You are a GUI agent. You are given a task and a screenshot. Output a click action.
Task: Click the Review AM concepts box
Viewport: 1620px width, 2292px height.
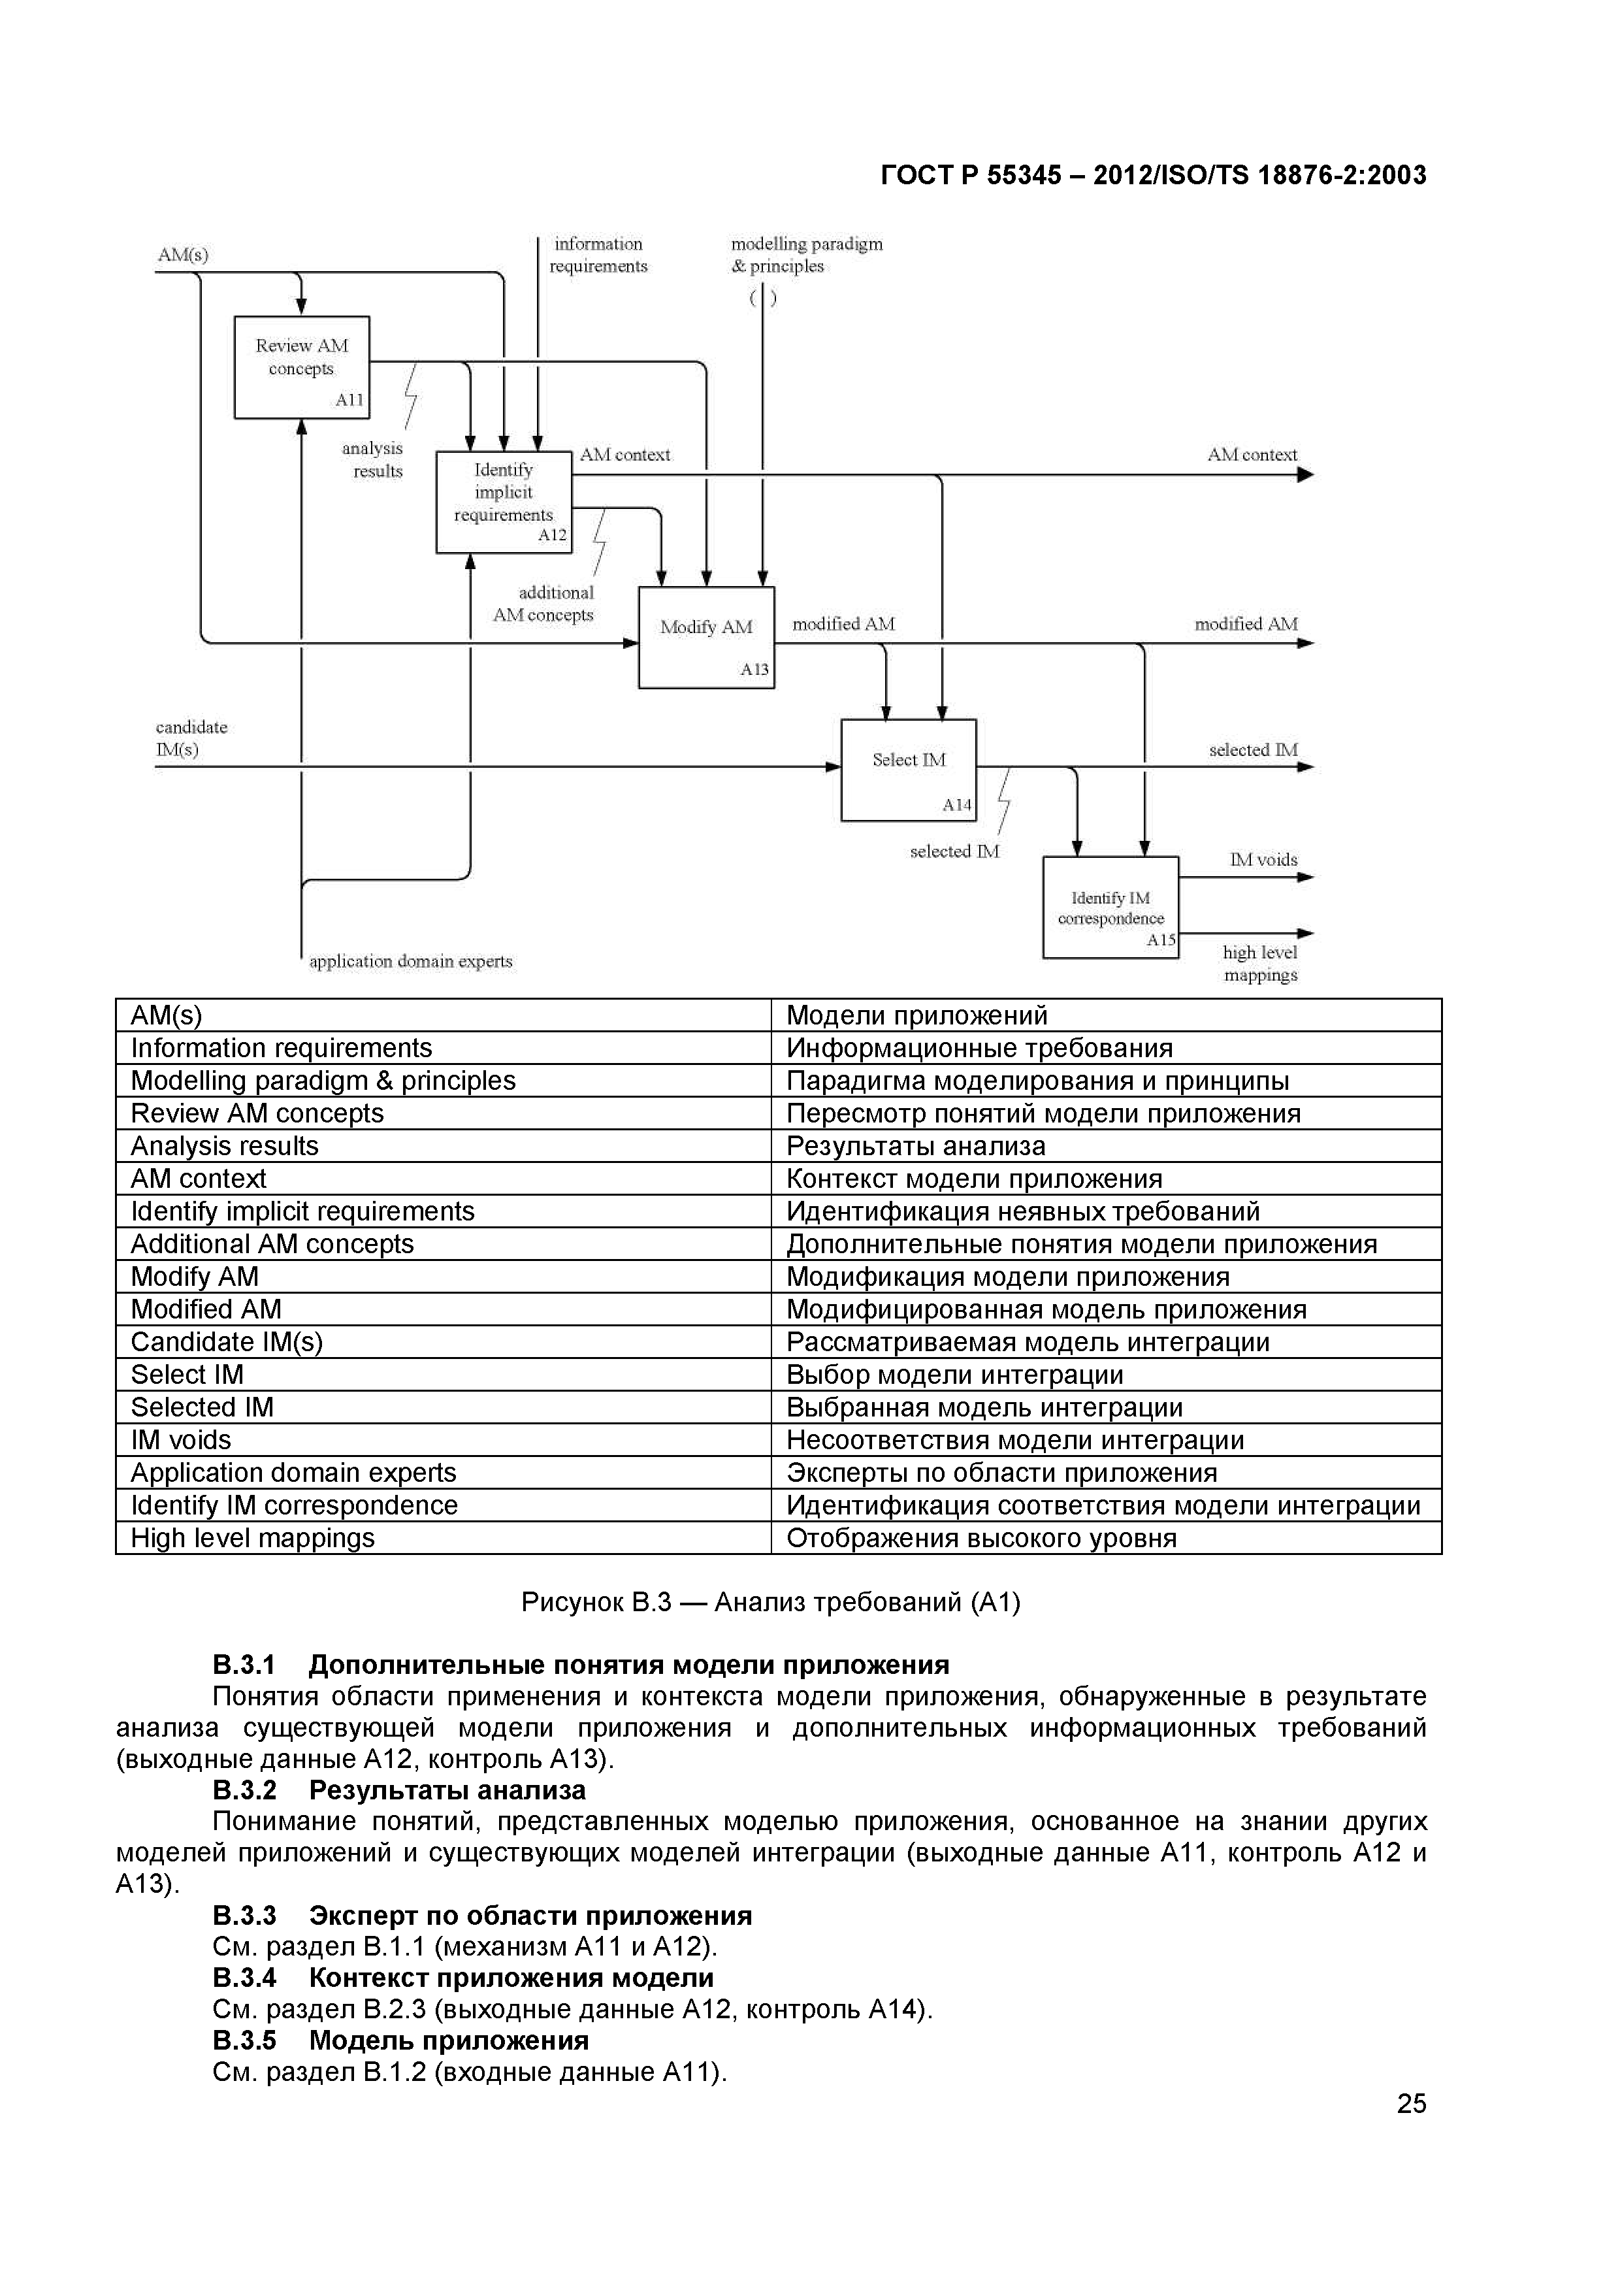(x=301, y=367)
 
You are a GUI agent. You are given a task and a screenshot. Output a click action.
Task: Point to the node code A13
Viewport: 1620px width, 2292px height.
(x=754, y=669)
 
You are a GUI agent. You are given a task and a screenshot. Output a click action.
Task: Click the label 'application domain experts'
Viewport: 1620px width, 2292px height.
(x=410, y=961)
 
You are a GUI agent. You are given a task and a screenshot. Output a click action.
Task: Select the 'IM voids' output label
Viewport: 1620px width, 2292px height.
(x=1263, y=860)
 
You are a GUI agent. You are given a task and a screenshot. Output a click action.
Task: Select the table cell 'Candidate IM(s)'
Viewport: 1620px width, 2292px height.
(x=227, y=1341)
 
